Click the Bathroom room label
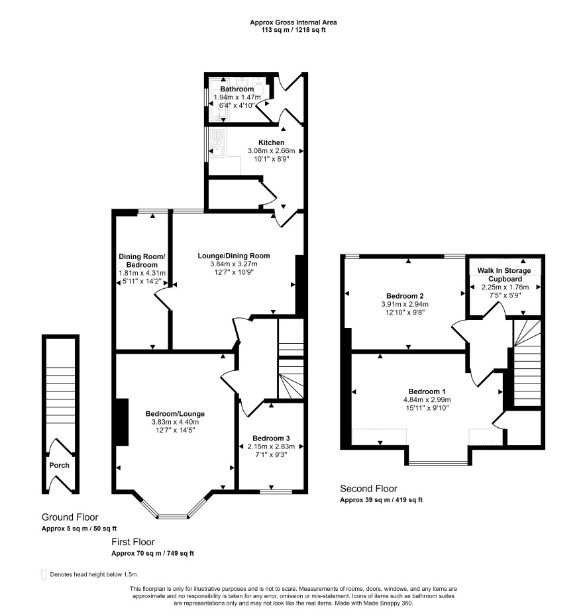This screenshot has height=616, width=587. pos(237,89)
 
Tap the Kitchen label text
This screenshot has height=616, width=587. pos(271,142)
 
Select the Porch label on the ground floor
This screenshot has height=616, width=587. pos(60,465)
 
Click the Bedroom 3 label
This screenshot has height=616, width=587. pos(271,438)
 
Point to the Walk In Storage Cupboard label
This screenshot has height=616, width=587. pos(504,275)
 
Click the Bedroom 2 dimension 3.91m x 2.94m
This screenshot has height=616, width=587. pos(405,304)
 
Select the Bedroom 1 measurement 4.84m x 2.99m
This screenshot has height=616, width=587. pos(427,400)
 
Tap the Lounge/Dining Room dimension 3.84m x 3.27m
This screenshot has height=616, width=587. pos(234,264)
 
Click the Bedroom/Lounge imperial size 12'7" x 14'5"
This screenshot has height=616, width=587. pos(175,430)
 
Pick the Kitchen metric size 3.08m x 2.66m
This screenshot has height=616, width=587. pos(271,151)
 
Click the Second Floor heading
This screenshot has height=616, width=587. pos(368,488)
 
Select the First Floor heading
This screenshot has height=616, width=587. pos(133,542)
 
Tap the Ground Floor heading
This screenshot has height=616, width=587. pos(70,517)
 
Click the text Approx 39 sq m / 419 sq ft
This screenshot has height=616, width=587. pos(381,500)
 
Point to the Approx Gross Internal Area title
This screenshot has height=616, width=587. pos(293,23)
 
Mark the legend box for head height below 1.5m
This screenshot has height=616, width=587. pos(44,574)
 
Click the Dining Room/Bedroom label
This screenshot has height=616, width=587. pos(142,260)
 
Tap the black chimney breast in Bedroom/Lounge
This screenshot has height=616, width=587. pos(122,422)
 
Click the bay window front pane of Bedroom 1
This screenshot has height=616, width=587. pos(439,463)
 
